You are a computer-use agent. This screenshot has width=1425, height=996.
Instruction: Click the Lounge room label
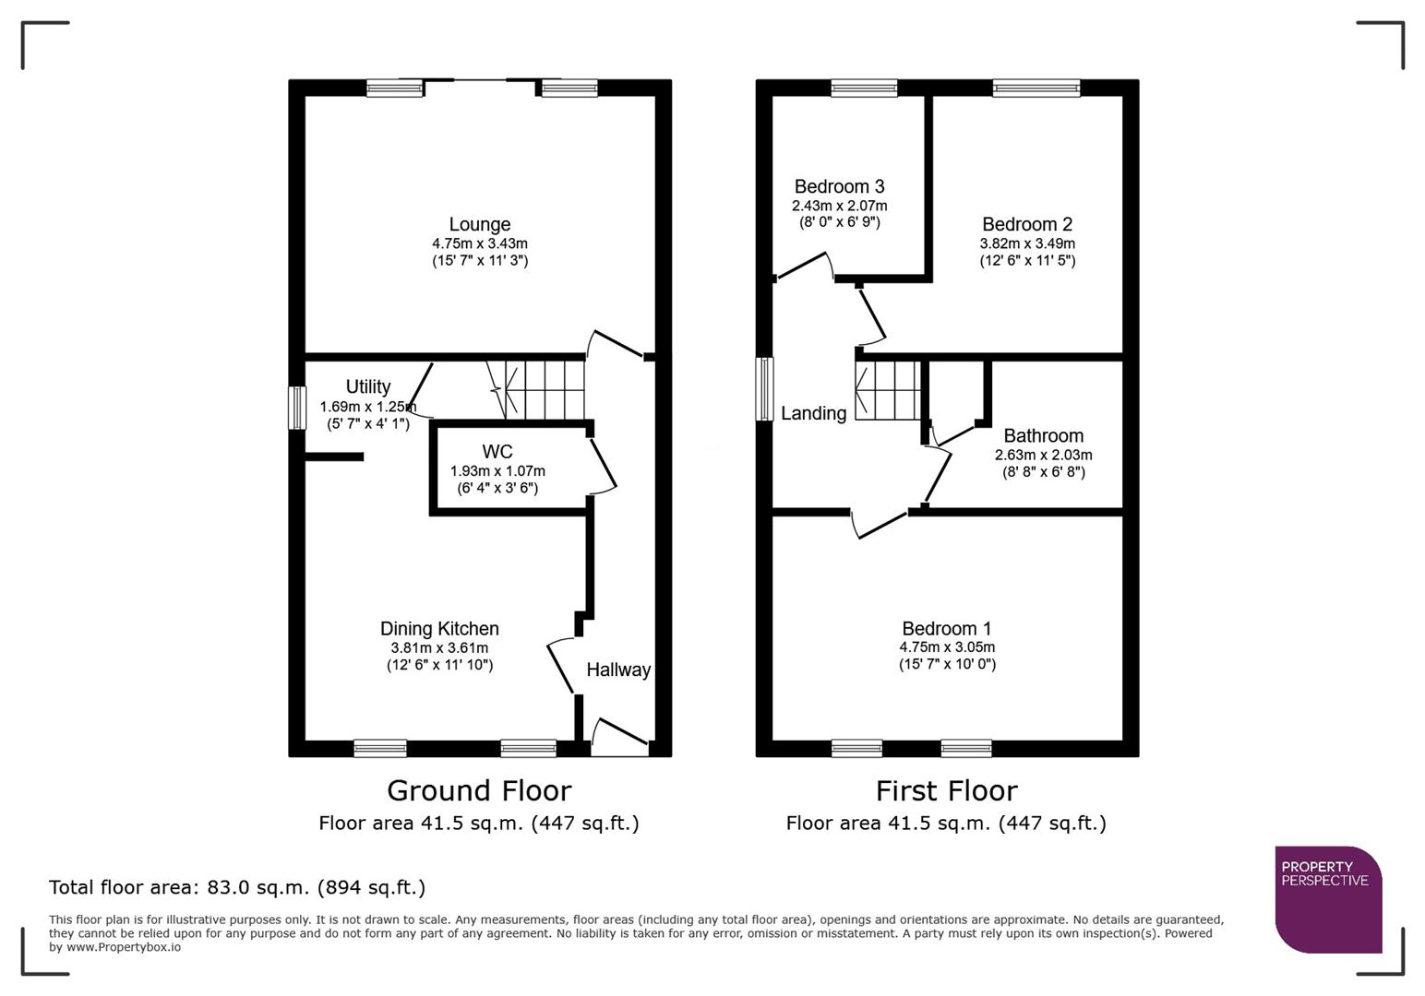[479, 224]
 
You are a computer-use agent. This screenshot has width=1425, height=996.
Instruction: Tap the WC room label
[497, 452]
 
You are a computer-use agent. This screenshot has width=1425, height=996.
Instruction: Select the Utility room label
[367, 386]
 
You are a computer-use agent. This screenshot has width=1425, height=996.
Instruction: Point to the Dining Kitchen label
[439, 629]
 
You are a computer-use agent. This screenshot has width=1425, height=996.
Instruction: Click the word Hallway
[618, 670]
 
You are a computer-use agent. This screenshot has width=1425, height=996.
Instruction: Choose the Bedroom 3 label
[839, 187]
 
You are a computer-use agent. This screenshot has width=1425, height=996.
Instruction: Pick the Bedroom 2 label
[1026, 224]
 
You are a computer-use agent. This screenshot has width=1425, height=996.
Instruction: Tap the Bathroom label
[1043, 436]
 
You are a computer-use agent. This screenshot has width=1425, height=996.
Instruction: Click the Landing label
[813, 414]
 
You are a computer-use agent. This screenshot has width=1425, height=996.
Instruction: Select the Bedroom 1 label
[947, 629]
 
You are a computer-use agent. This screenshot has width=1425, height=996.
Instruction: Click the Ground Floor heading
[479, 791]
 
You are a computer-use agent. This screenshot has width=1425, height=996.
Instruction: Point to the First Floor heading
[946, 791]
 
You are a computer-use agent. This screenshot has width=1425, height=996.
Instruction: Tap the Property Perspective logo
[1327, 899]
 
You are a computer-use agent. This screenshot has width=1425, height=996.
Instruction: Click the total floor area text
[237, 888]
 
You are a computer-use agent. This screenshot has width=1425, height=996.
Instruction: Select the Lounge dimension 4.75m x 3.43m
[479, 243]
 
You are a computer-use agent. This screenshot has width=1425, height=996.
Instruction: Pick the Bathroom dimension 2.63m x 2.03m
[1043, 455]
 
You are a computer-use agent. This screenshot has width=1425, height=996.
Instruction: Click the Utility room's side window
[296, 408]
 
